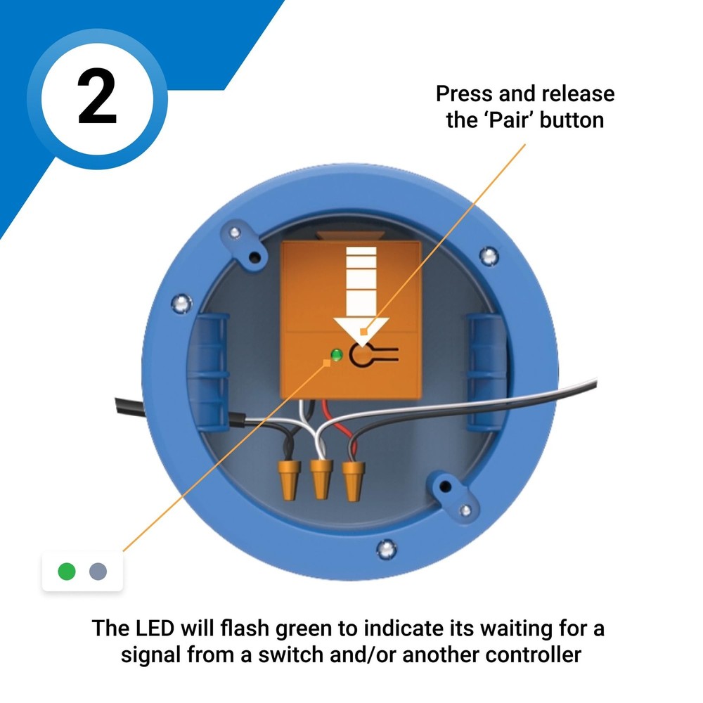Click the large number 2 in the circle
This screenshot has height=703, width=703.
click(97, 98)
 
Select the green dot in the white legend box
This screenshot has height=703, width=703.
click(67, 571)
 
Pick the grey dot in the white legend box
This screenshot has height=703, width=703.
click(98, 571)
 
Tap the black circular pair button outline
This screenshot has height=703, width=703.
click(363, 356)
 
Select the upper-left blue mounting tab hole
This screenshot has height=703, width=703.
click(235, 233)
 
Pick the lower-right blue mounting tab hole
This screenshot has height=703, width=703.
click(445, 486)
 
